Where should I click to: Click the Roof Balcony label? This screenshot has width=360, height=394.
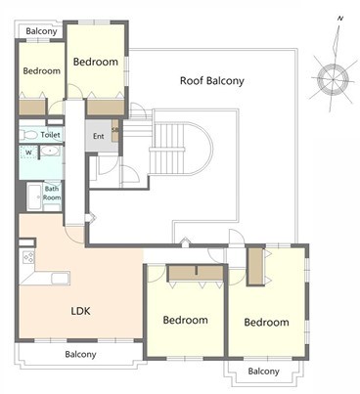[212, 80]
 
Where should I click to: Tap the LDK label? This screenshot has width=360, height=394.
[80, 311]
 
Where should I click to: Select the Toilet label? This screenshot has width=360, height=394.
[50, 135]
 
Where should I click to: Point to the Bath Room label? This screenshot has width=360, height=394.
[52, 193]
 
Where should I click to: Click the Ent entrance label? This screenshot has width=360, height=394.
[99, 136]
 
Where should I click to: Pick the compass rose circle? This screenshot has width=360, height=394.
[333, 79]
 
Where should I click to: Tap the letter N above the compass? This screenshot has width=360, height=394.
[340, 19]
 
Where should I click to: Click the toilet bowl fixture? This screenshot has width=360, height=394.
[28, 135]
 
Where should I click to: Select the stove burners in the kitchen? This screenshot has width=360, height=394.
[28, 256]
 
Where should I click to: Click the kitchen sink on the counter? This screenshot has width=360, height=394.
[61, 279]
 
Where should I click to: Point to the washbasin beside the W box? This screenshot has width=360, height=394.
[50, 151]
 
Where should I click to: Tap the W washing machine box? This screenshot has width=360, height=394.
[28, 153]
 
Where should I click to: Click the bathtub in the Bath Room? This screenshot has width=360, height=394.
[34, 197]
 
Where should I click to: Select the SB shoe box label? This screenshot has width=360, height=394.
[114, 130]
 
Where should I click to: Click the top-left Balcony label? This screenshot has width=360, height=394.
[41, 31]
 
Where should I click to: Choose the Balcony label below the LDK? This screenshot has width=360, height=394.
[80, 354]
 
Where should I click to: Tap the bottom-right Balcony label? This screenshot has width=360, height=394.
[263, 372]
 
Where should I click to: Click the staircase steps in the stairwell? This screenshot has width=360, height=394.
[168, 149]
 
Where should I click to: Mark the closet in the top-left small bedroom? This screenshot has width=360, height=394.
[32, 107]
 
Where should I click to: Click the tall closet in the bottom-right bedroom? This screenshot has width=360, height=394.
[255, 266]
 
